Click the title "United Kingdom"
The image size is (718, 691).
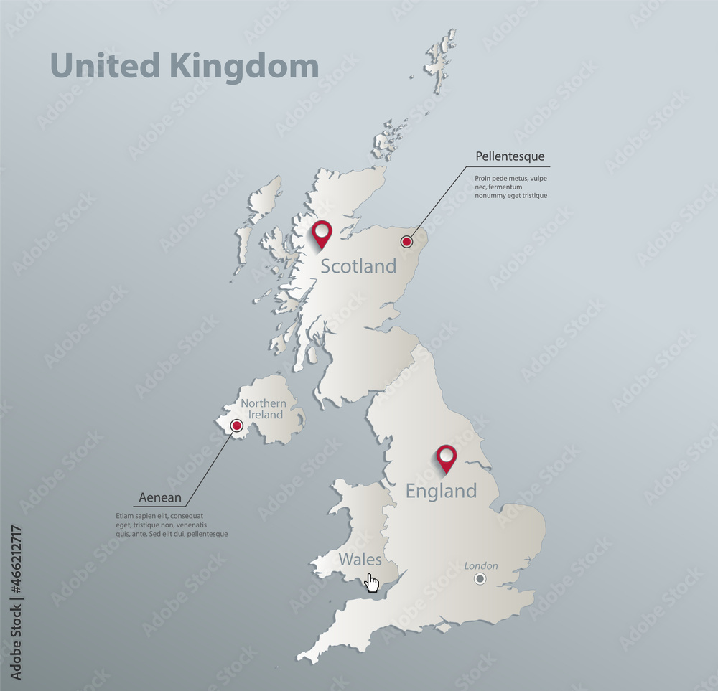click(x=185, y=67)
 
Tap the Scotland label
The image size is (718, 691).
click(x=358, y=266)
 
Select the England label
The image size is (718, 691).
click(x=441, y=492)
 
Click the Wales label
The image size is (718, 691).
click(x=360, y=559)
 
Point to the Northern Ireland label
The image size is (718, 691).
click(x=263, y=409)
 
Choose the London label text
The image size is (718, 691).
click(x=480, y=566)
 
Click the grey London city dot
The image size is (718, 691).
click(x=480, y=579)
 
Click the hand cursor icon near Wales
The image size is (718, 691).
click(x=372, y=582)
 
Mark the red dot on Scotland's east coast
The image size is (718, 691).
click(x=407, y=241)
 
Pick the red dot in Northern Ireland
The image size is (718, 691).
click(x=236, y=427)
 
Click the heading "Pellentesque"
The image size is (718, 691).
click(x=510, y=156)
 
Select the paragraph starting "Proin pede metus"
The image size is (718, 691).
click(x=510, y=187)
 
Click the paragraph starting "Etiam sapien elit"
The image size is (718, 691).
click(x=171, y=525)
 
